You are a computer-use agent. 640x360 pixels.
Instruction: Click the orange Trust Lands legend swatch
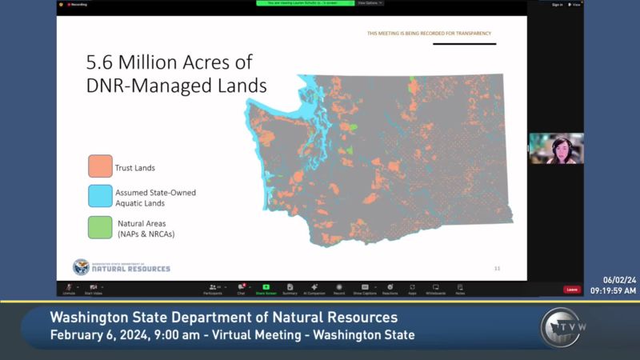pos(100,166)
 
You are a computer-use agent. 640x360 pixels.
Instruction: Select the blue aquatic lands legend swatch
pos(100,197)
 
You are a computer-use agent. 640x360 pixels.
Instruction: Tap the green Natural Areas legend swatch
pos(100,227)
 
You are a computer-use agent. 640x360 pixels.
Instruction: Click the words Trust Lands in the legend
pos(135,168)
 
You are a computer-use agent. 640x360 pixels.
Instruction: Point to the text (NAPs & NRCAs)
pos(145,234)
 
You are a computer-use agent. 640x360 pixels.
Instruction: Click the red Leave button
pos(571,290)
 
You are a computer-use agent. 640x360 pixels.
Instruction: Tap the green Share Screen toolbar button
pos(266,289)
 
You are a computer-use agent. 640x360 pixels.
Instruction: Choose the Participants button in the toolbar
pos(213,289)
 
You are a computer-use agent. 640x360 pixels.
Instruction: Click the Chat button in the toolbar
pos(241,289)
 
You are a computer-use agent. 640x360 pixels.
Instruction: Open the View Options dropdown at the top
pos(370,3)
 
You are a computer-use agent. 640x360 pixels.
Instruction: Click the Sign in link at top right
pos(557,4)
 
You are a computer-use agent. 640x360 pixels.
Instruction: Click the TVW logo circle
pos(561,327)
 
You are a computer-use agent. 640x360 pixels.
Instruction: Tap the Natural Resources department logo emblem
pos(81,266)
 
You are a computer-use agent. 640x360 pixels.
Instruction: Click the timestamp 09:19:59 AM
pos(614,290)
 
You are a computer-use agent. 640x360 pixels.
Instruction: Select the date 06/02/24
pos(619,280)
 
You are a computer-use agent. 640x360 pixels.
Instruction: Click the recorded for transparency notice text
pos(429,34)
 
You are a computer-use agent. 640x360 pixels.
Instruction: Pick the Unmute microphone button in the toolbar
pos(69,289)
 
